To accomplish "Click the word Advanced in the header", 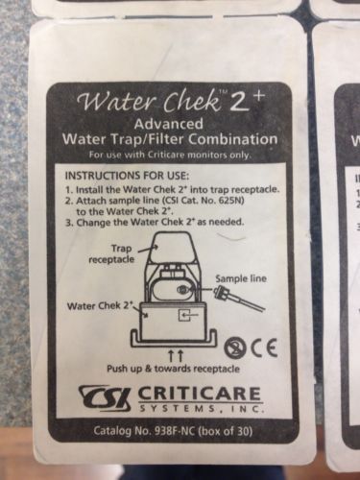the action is (168, 124).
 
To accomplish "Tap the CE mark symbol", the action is (265, 348).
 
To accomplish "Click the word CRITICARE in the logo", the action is (200, 394).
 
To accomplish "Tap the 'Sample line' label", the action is (241, 278).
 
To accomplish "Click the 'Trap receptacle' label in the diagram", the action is (111, 253).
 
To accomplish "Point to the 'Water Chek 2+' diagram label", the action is (100, 305).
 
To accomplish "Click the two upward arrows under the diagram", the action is (176, 355).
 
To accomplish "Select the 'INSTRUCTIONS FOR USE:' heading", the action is (127, 176).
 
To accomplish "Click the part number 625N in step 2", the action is (233, 201).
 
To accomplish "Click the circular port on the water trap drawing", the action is (182, 290).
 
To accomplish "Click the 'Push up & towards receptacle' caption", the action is (173, 369).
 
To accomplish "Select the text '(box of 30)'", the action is (226, 431).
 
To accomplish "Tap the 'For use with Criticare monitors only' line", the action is (169, 156).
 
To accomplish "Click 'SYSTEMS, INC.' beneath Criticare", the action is (201, 409).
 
